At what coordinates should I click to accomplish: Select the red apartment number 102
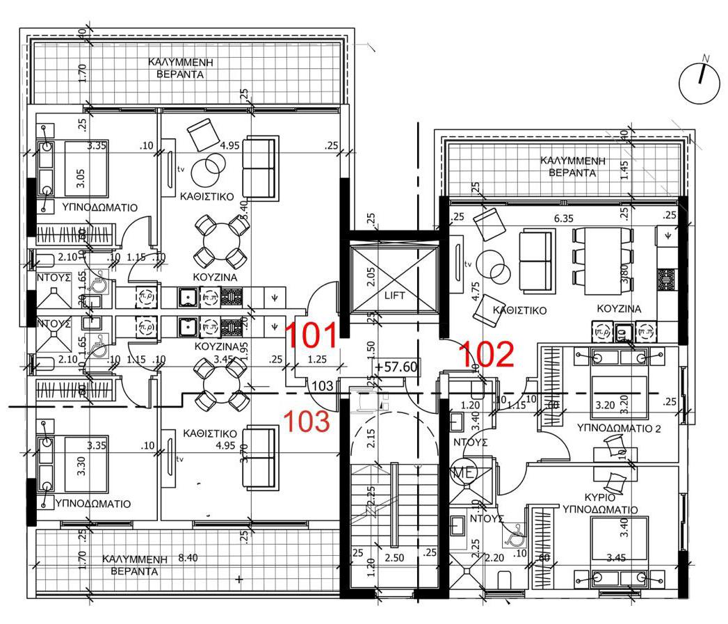tap(486, 354)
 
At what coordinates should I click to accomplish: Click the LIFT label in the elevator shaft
tap(394, 294)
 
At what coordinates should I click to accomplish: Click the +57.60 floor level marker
tap(394, 366)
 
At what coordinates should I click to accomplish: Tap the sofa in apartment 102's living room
tap(537, 255)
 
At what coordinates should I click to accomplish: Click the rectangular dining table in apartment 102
tap(602, 256)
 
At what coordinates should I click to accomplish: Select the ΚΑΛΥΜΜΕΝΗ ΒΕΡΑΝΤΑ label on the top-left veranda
tap(179, 67)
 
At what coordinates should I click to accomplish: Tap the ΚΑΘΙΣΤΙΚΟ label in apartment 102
tap(518, 310)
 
